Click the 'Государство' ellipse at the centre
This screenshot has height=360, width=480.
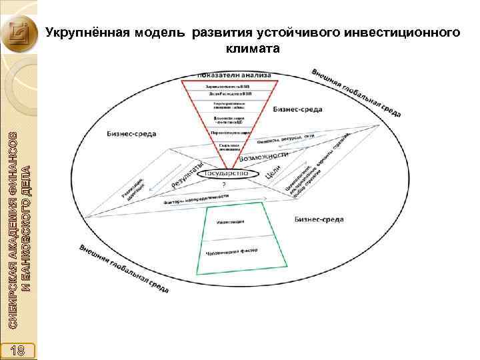tap(220, 173)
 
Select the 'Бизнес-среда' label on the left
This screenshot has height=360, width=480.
tap(131, 133)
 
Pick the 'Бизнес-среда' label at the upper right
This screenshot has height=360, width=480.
tap(298, 109)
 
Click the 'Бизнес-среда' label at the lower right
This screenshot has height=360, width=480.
tap(319, 218)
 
